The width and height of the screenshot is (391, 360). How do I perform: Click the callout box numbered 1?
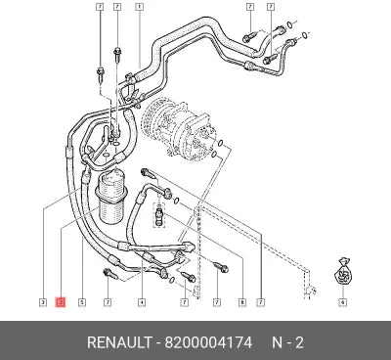coord(139,7)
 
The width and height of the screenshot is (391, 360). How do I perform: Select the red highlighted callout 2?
coord(61,302)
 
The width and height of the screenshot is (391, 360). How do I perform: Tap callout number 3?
coord(43,302)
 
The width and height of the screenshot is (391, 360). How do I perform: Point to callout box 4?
coord(141,302)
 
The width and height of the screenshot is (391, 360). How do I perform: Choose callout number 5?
coord(82,302)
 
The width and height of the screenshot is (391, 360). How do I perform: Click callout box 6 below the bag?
coord(342,302)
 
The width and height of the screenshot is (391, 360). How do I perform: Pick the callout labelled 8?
coord(242,302)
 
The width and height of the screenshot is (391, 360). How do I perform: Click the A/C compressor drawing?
coord(177,130)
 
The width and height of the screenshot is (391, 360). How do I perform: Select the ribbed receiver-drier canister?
coord(109,198)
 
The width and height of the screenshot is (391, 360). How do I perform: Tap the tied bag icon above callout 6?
coord(342,273)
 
